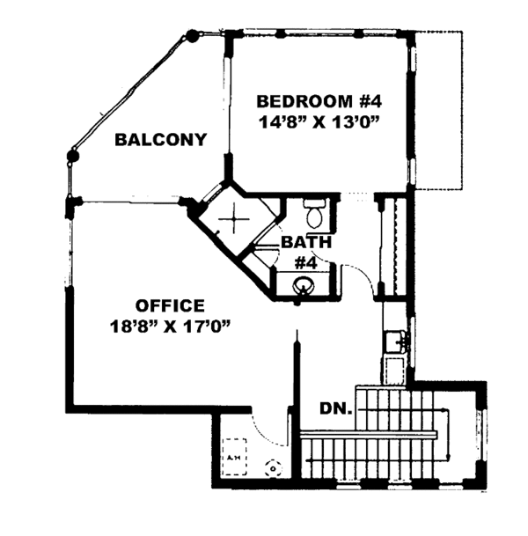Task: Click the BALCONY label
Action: click(x=160, y=139)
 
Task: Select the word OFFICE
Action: click(x=170, y=306)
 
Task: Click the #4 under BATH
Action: click(x=304, y=261)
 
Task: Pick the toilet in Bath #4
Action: click(x=313, y=214)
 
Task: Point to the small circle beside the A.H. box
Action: click(x=270, y=469)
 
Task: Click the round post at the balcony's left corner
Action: click(x=72, y=155)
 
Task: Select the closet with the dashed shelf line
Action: click(x=393, y=246)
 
